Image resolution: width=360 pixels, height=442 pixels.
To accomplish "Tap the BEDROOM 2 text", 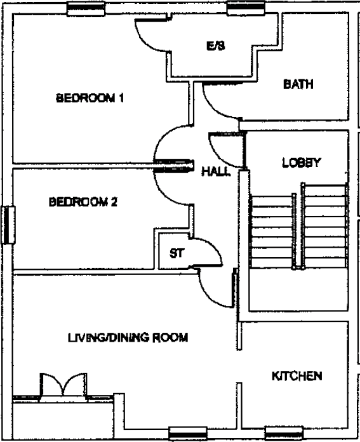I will [x=83, y=203].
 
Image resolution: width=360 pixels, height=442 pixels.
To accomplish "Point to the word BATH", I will [x=298, y=84].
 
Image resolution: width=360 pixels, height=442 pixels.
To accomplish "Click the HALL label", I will [x=215, y=172].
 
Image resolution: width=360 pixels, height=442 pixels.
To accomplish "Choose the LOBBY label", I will [x=301, y=163].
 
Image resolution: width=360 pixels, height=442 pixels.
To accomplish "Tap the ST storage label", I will [x=176, y=253].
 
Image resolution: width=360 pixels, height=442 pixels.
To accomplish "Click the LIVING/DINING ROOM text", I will [x=128, y=338].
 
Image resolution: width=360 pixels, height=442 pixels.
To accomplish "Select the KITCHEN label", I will [x=297, y=376].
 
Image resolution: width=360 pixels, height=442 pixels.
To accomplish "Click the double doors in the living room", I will [x=62, y=385].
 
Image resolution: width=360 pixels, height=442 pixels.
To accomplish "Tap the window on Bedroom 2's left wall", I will [x=7, y=225].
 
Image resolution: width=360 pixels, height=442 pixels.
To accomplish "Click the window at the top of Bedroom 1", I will [x=86, y=7].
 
